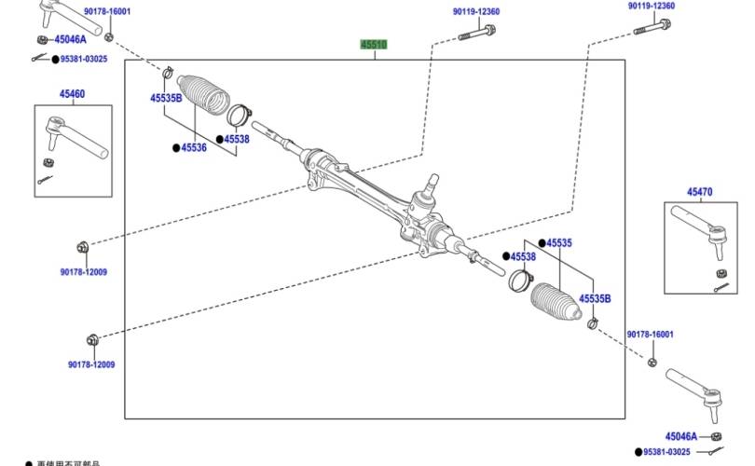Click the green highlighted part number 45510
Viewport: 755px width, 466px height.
coord(374,44)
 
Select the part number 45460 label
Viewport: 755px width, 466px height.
coord(72,94)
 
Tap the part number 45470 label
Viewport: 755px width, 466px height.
coord(700,192)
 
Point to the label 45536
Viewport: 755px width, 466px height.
coord(193,147)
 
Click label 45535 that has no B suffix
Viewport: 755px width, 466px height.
coord(559,242)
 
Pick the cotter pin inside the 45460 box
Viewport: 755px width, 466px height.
coord(47,180)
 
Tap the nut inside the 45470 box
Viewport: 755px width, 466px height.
coord(721,272)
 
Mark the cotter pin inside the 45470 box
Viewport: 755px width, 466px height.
coord(719,286)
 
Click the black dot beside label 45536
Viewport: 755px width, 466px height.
coord(174,147)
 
